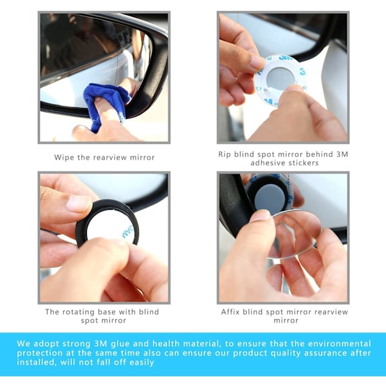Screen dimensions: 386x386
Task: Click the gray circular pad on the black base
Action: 270,198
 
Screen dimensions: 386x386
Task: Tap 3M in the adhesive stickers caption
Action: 342,154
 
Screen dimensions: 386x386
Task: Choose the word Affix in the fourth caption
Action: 230,312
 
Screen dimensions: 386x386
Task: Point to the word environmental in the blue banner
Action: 340,344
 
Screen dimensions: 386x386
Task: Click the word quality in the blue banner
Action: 286,353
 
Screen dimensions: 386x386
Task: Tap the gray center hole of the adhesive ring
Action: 280,78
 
